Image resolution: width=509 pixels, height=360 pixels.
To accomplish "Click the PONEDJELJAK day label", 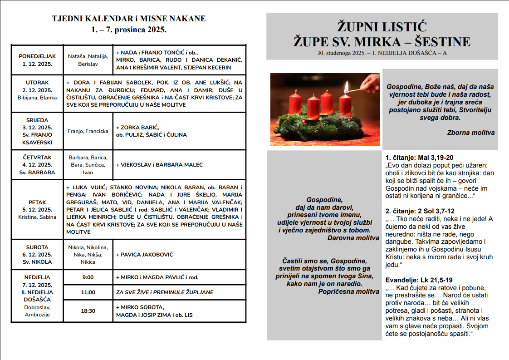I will pos(37,56).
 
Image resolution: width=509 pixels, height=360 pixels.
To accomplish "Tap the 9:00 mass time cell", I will pos(88,277).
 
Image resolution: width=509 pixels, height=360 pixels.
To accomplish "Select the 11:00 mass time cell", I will pos(88,292).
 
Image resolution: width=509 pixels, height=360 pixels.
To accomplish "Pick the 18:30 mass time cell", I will pos(88,311).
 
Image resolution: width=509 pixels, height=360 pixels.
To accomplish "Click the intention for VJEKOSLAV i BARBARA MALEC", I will pos(159,165).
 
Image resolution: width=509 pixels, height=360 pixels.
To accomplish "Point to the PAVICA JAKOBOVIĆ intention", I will pos(144,255).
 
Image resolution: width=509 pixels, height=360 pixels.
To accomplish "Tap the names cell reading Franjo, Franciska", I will pos(88,131).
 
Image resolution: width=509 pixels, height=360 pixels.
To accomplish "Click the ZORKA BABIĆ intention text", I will pos(138,127).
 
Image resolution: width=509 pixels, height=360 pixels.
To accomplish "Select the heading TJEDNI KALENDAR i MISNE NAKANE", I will pos(129,19).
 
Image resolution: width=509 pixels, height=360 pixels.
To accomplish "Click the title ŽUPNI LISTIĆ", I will pos(382,26).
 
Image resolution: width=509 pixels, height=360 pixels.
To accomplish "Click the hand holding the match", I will pos(372,82).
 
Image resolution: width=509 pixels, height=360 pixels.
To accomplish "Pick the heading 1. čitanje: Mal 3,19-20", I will pos(419,158).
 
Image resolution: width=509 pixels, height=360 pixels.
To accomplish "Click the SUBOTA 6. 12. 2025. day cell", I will pos(37,255).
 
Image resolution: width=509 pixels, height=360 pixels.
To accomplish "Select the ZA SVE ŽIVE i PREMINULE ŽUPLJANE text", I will pos(165,292).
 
